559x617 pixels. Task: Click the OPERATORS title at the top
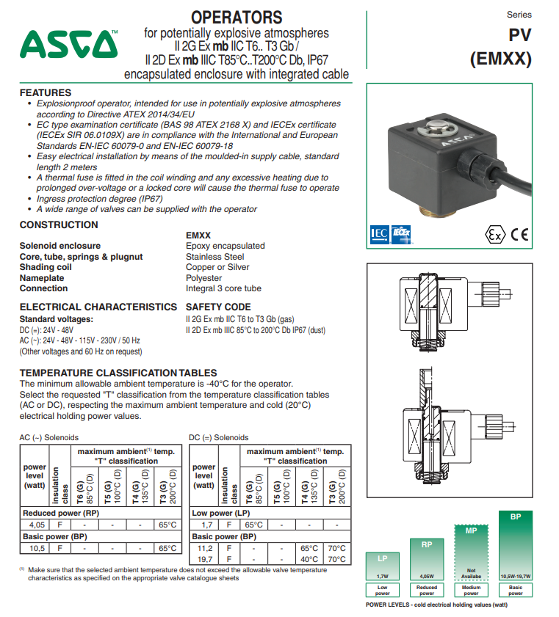click(x=236, y=17)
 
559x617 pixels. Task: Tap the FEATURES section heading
click(x=46, y=93)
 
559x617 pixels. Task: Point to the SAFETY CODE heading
click(x=218, y=307)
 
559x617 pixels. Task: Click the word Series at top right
click(x=519, y=15)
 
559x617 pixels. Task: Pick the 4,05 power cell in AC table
click(x=37, y=525)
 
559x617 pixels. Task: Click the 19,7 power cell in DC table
click(x=205, y=559)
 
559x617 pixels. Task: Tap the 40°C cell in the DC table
click(x=309, y=559)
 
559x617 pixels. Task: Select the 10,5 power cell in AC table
click(x=37, y=548)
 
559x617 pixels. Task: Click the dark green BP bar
click(x=516, y=543)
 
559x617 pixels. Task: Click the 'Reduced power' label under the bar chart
click(x=427, y=590)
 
